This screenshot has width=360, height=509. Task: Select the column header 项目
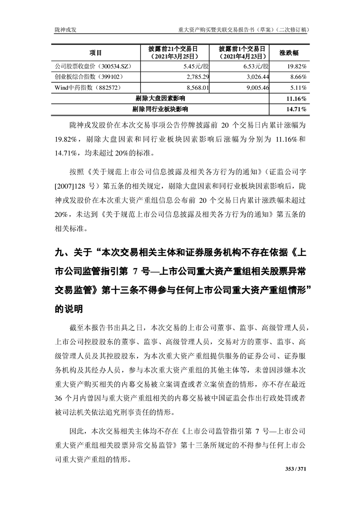click(96, 53)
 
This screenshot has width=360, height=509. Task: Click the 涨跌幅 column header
click(288, 53)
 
